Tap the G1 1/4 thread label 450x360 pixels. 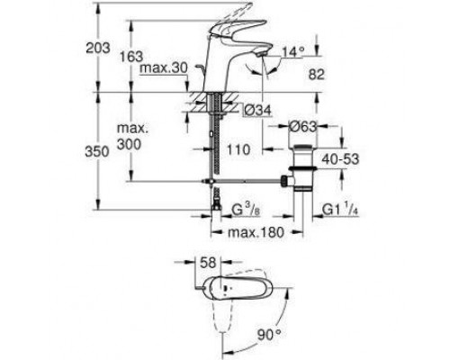pos(342,211)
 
